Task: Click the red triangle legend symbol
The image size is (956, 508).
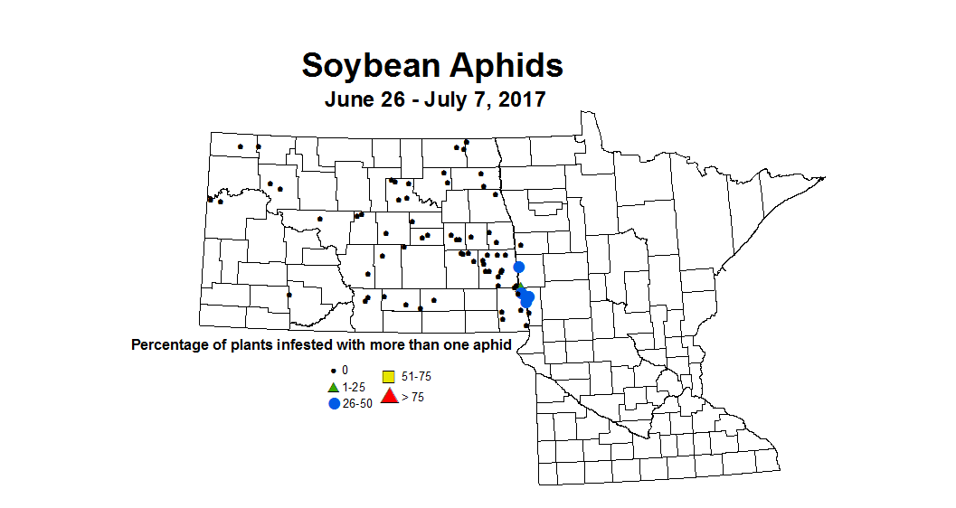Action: [x=389, y=395]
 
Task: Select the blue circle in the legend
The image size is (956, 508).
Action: [x=334, y=403]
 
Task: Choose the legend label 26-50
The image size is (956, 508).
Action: [x=357, y=403]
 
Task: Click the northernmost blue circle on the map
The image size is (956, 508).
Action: [x=519, y=267]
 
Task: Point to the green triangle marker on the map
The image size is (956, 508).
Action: [x=519, y=287]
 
